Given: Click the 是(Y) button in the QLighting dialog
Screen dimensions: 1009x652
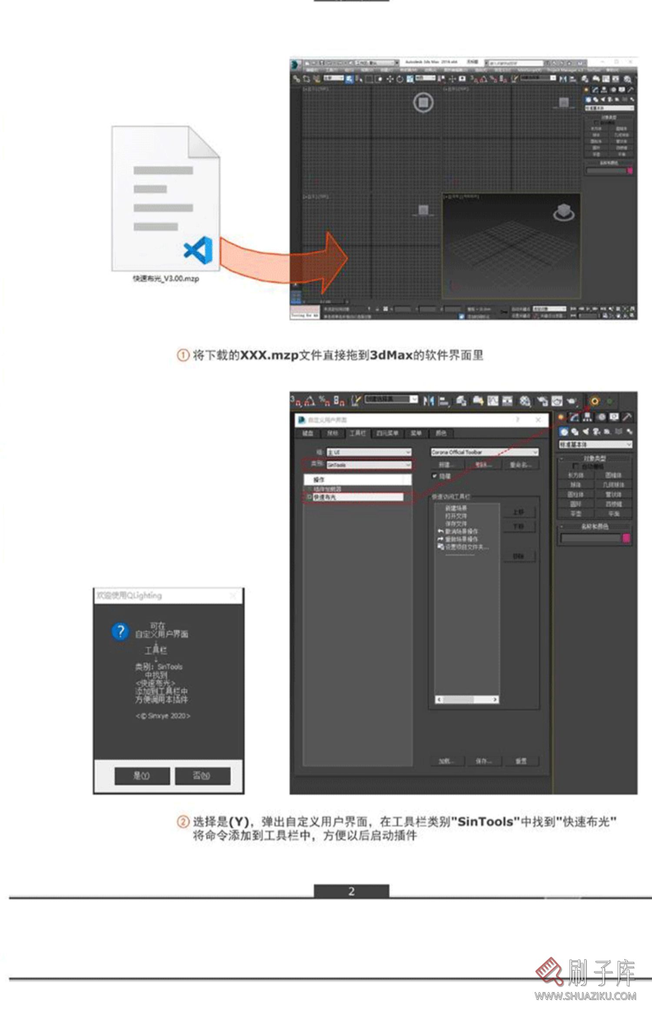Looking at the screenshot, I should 142,776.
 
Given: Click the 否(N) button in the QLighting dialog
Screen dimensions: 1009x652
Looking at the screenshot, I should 202,776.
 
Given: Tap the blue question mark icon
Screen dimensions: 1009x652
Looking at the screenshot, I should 120,631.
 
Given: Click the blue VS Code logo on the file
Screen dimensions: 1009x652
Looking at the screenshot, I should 199,250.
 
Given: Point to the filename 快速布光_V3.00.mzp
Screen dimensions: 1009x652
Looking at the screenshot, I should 166,279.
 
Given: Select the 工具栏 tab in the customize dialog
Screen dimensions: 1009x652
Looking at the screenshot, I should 357,433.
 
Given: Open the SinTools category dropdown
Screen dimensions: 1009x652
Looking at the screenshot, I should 369,465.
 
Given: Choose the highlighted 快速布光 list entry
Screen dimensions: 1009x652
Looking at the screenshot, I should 356,497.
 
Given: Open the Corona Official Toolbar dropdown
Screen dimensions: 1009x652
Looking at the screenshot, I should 484,452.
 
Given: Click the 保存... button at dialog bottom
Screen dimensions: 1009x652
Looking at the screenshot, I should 483,761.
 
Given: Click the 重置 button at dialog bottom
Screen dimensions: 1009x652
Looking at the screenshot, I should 521,761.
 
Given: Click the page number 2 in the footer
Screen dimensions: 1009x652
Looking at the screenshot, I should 351,892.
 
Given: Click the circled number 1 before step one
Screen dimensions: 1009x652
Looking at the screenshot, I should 183,355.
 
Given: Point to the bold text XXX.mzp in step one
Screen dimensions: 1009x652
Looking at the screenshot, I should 269,355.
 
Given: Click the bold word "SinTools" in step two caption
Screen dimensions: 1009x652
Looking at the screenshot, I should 486,822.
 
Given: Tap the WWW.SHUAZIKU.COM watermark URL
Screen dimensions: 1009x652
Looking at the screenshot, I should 585,996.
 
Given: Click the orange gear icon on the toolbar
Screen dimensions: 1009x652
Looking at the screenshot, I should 595,401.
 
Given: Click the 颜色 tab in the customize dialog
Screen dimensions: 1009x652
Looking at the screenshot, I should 441,433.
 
